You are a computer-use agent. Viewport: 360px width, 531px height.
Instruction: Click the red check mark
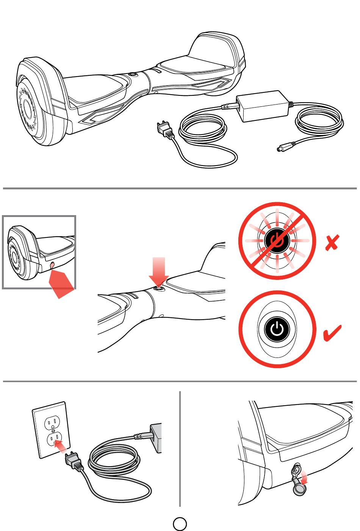click(x=332, y=333)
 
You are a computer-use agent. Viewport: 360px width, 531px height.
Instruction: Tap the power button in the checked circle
click(x=277, y=329)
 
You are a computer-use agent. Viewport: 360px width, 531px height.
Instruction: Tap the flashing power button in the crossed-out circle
click(x=277, y=241)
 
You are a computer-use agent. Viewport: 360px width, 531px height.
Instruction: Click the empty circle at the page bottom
click(x=180, y=524)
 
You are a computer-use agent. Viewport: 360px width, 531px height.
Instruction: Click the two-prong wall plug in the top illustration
click(x=164, y=129)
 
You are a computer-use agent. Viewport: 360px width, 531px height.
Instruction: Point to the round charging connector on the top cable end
click(x=284, y=148)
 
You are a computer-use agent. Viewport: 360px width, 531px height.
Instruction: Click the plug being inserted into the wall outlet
click(x=74, y=461)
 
